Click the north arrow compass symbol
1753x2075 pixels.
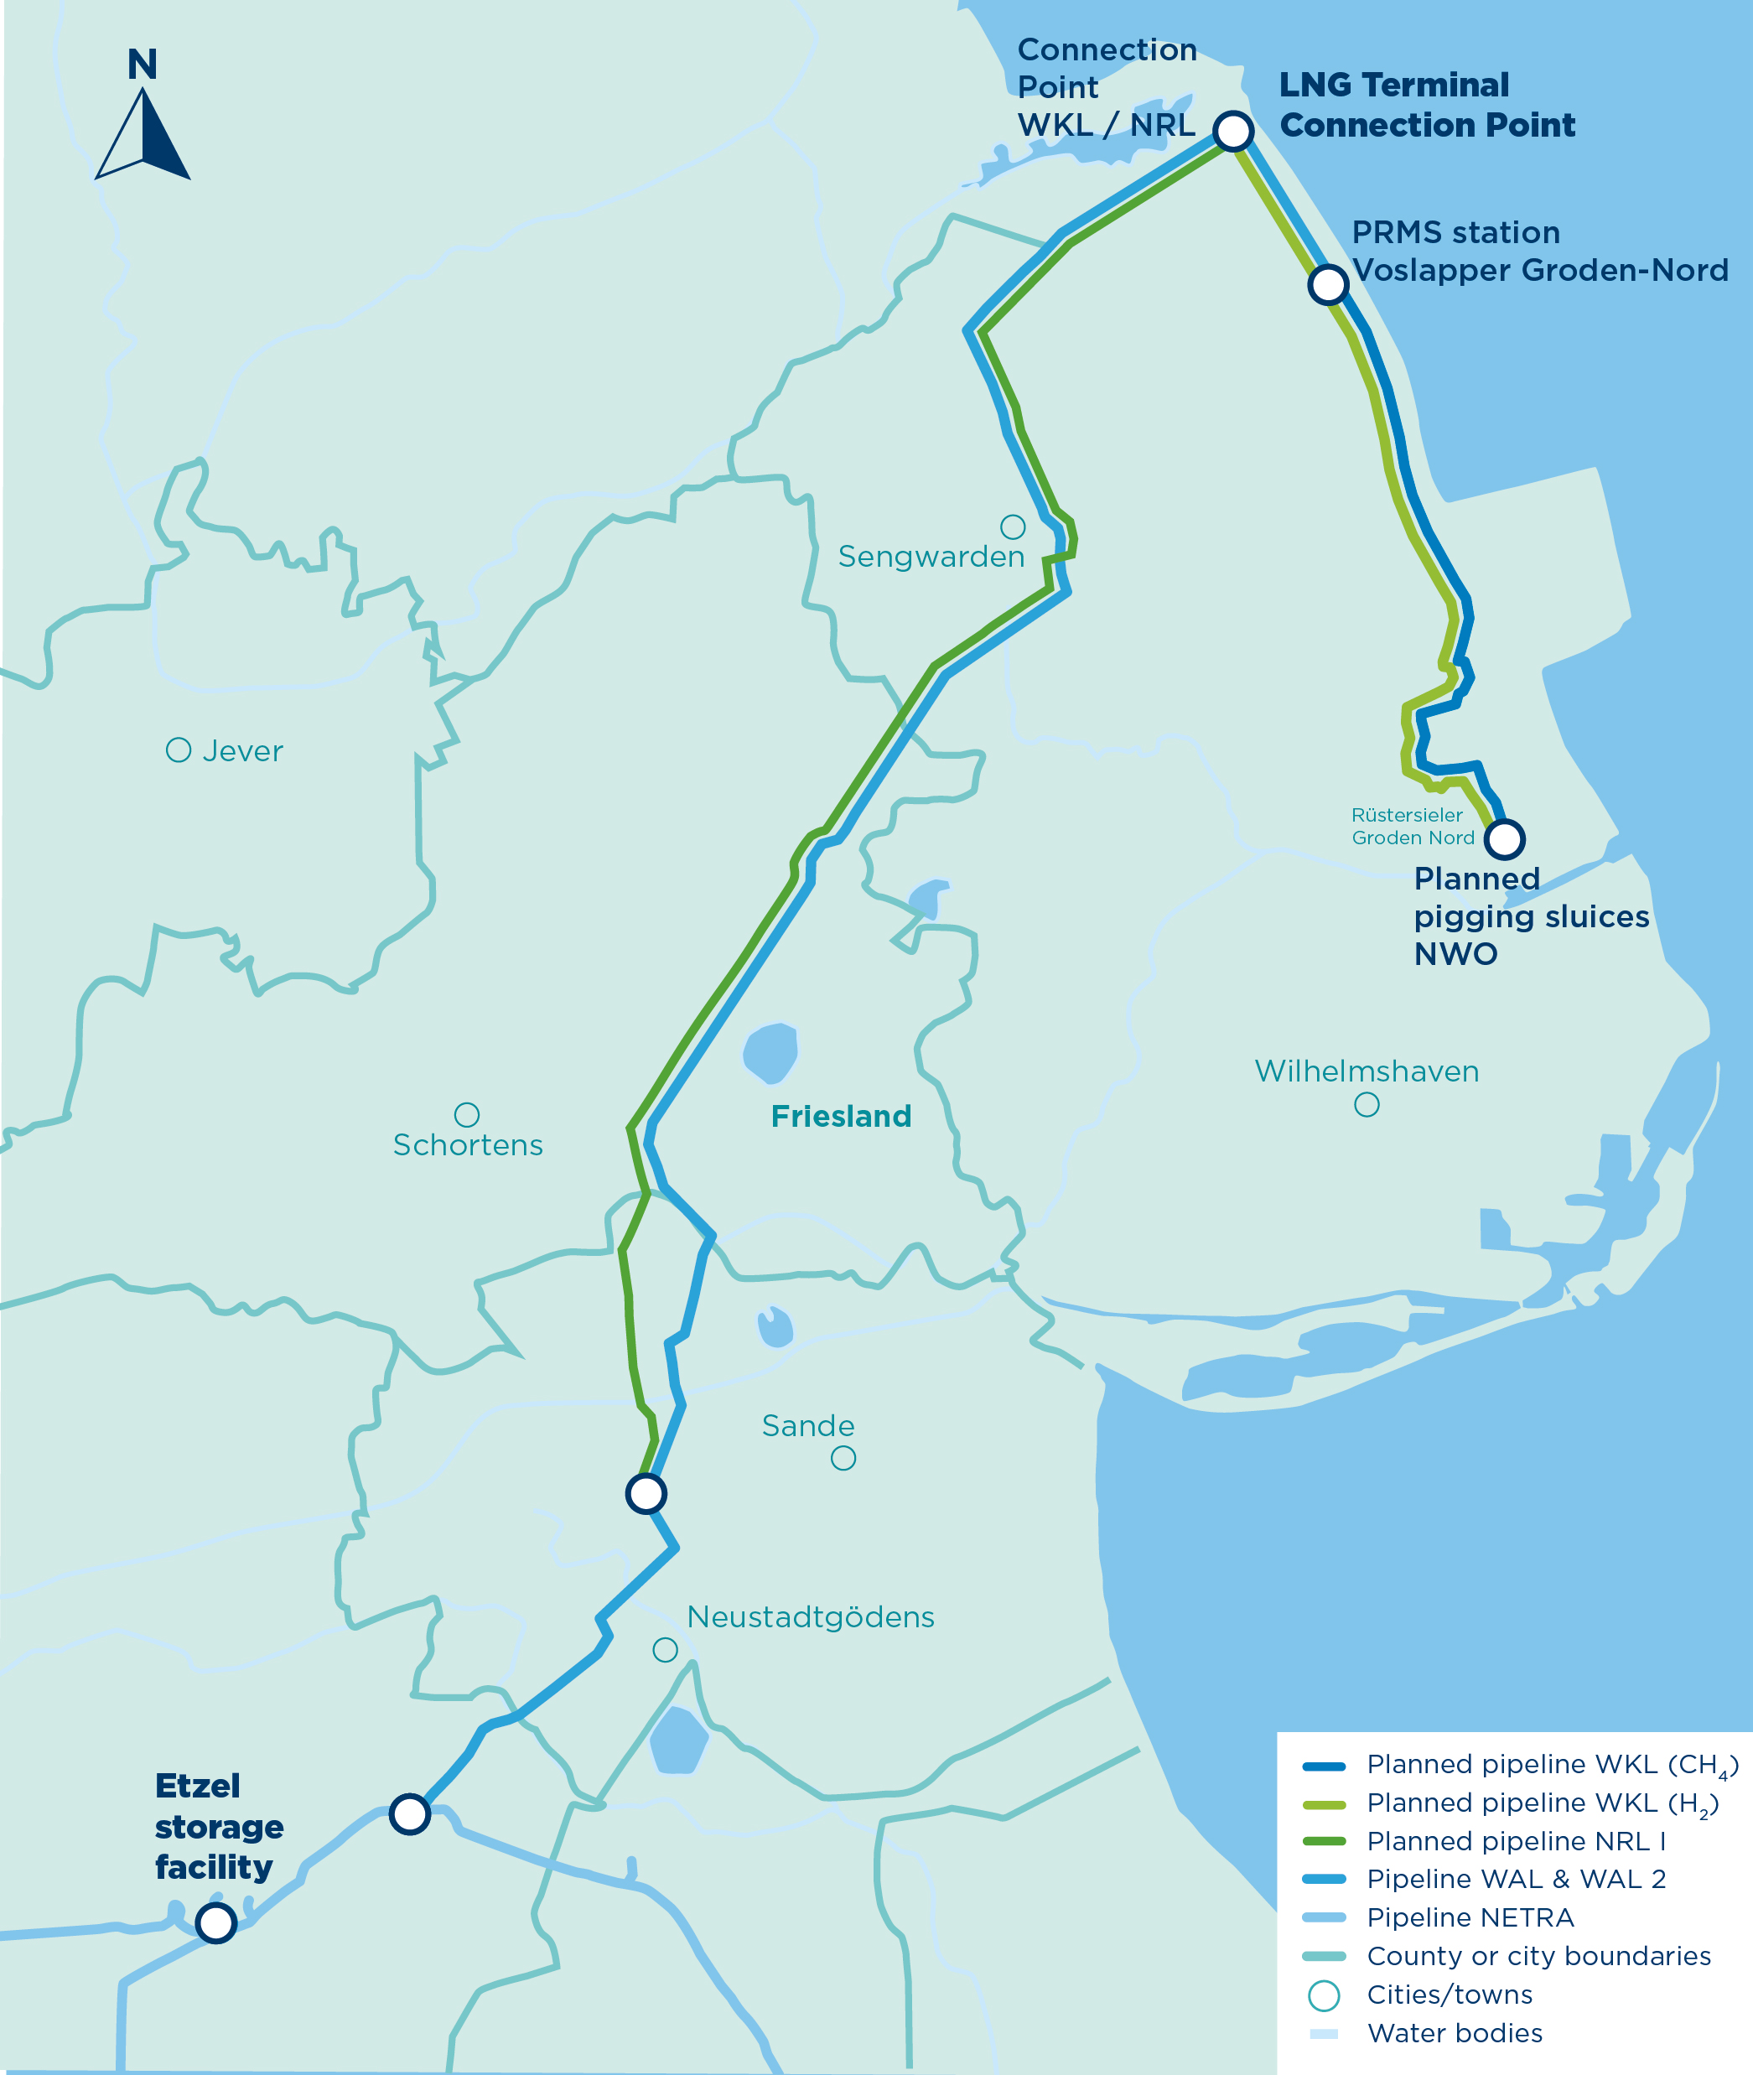pyautogui.click(x=143, y=133)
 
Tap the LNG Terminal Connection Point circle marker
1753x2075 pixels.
pyautogui.click(x=1233, y=130)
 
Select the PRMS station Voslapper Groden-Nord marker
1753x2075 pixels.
pyautogui.click(x=1328, y=284)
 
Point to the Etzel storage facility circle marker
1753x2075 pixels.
pyautogui.click(x=215, y=1922)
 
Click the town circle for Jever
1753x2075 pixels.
pyautogui.click(x=178, y=750)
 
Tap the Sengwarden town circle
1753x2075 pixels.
pyautogui.click(x=1013, y=526)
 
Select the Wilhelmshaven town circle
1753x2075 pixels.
pyautogui.click(x=1367, y=1104)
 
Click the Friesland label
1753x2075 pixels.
pyautogui.click(x=841, y=1116)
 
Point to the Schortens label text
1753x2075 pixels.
pyautogui.click(x=468, y=1145)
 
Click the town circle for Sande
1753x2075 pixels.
pyautogui.click(x=843, y=1458)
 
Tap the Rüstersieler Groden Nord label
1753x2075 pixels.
pyautogui.click(x=1411, y=826)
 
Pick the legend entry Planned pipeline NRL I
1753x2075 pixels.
pyautogui.click(x=1515, y=1840)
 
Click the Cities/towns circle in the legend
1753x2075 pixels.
pyautogui.click(x=1324, y=1995)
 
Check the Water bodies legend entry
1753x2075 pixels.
pyautogui.click(x=1454, y=2032)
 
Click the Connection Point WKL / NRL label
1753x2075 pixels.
pyautogui.click(x=1106, y=87)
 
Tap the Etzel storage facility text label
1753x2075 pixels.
pyautogui.click(x=218, y=1827)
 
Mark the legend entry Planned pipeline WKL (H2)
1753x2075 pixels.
pyautogui.click(x=1540, y=1803)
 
